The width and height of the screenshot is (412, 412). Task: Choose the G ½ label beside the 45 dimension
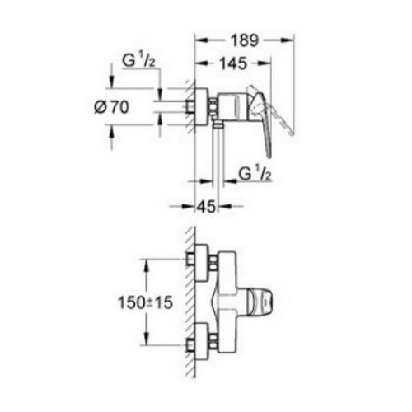click(x=256, y=174)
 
